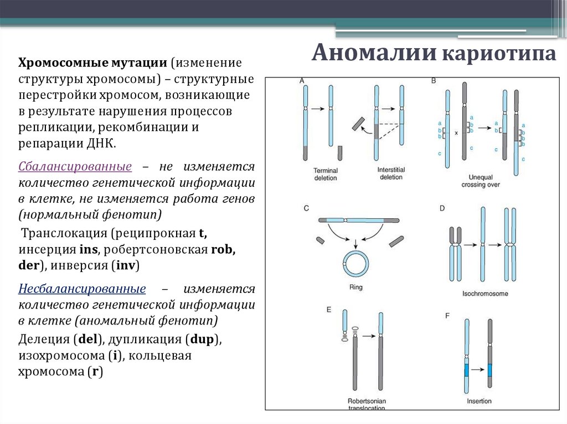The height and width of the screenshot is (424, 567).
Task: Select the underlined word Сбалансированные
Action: coord(75,166)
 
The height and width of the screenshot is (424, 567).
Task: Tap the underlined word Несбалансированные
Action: coord(82,289)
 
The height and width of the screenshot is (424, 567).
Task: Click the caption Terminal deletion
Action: coord(325,174)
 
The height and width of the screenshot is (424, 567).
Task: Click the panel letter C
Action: coord(306,208)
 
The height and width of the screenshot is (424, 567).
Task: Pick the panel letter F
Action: coord(447,316)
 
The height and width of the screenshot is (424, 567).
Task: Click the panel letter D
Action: coord(442,208)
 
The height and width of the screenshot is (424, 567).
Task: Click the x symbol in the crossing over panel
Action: coord(455,133)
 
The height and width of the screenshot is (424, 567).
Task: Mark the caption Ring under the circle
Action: coord(355,287)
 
